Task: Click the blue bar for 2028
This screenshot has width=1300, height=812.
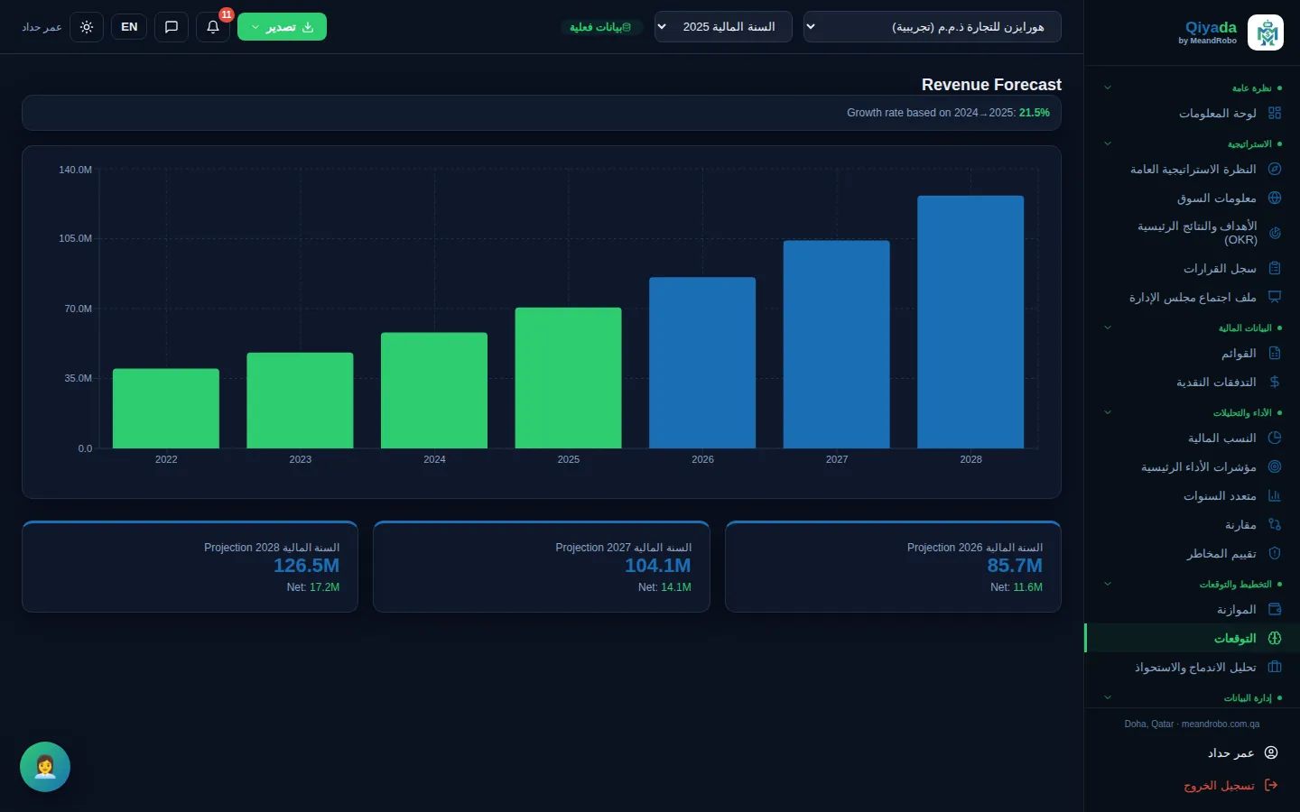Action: tap(970, 322)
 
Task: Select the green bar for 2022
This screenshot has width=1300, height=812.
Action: tap(166, 409)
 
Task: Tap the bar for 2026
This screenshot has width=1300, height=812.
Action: tap(702, 363)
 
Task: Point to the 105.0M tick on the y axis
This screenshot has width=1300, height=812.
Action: tap(75, 238)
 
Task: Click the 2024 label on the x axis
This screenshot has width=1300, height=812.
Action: tap(434, 459)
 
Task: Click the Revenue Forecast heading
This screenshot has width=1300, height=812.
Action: tap(991, 85)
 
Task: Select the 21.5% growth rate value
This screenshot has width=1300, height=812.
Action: tap(1035, 113)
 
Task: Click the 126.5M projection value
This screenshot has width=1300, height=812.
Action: tap(306, 566)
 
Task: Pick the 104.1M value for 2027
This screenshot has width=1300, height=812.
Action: tap(657, 566)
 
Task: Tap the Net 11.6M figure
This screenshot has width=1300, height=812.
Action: tap(1017, 587)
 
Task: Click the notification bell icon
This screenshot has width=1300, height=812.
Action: tap(213, 27)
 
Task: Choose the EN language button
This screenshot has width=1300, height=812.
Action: tap(129, 27)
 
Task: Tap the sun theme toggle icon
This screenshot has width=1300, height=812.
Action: tap(87, 27)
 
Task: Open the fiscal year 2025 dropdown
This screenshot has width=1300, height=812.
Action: tap(723, 27)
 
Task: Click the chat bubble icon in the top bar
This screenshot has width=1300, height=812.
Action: tap(172, 27)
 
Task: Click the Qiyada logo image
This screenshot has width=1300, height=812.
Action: tap(1265, 32)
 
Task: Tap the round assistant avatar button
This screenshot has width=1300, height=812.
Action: tap(45, 767)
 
